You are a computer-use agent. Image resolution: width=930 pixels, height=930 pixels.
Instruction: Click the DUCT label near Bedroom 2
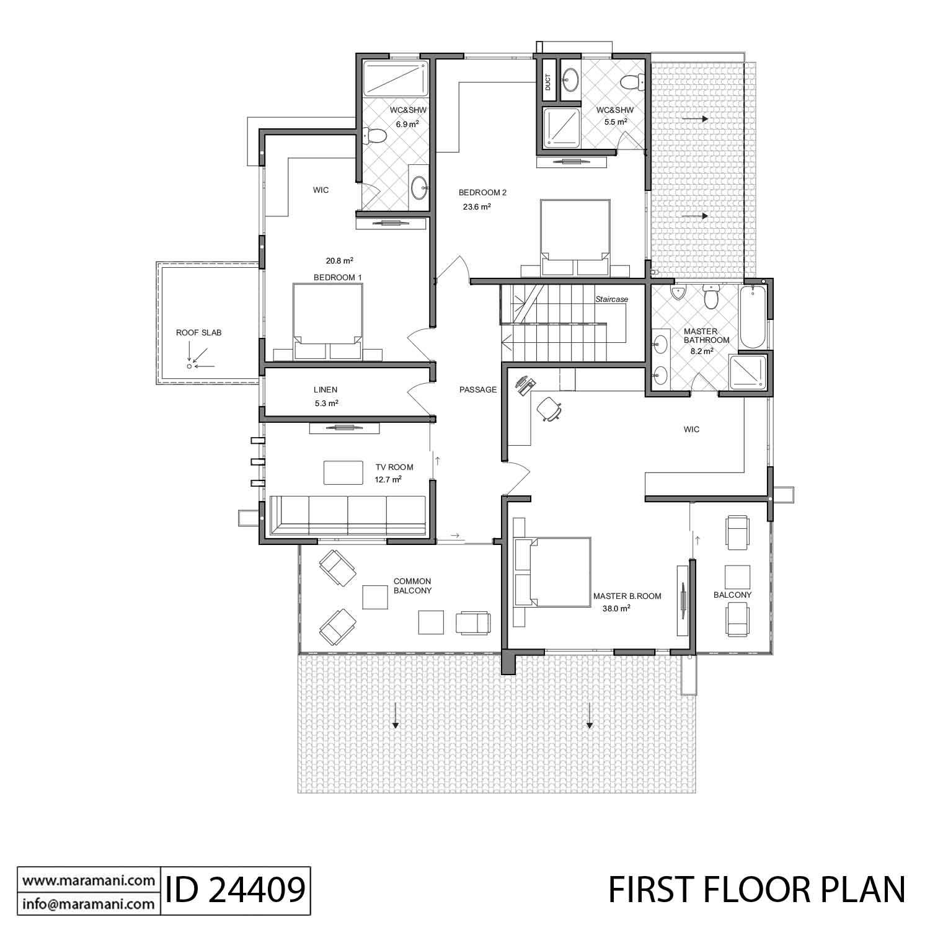click(x=548, y=82)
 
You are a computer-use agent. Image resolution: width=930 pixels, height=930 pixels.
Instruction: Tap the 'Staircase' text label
click(x=611, y=299)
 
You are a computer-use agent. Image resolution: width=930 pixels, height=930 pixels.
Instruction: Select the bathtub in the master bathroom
click(x=753, y=316)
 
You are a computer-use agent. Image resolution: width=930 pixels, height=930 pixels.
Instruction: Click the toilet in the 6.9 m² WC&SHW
click(x=374, y=135)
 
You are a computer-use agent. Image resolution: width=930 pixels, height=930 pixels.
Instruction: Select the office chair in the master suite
click(x=549, y=408)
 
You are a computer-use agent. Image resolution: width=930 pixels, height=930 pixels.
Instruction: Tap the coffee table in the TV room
click(x=343, y=472)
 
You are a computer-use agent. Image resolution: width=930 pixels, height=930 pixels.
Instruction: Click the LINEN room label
click(x=325, y=390)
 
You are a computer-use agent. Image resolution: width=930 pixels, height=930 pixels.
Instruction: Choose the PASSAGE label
click(x=478, y=390)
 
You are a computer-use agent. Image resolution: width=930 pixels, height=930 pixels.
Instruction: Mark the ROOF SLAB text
click(x=198, y=333)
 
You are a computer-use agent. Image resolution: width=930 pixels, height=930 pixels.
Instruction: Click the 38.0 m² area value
click(x=616, y=609)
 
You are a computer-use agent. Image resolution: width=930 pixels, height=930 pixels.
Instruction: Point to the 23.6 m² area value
click(x=477, y=207)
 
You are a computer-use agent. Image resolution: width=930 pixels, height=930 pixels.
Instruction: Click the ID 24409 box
click(x=235, y=890)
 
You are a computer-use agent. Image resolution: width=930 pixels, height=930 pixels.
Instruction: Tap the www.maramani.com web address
click(x=88, y=880)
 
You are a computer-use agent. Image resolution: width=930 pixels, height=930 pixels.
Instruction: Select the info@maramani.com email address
click(x=88, y=904)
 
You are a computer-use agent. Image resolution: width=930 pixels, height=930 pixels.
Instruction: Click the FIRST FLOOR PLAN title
click(x=756, y=890)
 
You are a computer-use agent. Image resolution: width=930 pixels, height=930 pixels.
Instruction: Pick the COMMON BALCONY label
click(x=412, y=586)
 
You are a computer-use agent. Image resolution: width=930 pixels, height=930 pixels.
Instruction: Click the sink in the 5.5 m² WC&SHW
click(x=570, y=79)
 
